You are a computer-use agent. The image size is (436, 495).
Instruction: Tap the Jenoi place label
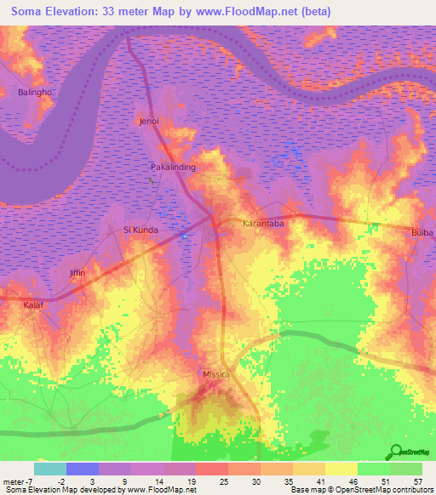pyautogui.click(x=149, y=122)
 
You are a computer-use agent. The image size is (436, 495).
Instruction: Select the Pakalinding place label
pyautogui.click(x=173, y=168)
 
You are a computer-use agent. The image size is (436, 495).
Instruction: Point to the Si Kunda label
pyautogui.click(x=142, y=230)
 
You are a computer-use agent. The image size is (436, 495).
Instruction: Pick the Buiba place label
pyautogui.click(x=422, y=232)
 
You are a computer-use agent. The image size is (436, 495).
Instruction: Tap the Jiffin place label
pyautogui.click(x=77, y=273)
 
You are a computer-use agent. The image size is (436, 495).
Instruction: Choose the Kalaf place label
pyautogui.click(x=33, y=304)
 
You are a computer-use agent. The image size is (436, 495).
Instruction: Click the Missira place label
pyautogui.click(x=216, y=373)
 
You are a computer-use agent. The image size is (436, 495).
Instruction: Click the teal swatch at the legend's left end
pyautogui.click(x=49, y=469)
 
